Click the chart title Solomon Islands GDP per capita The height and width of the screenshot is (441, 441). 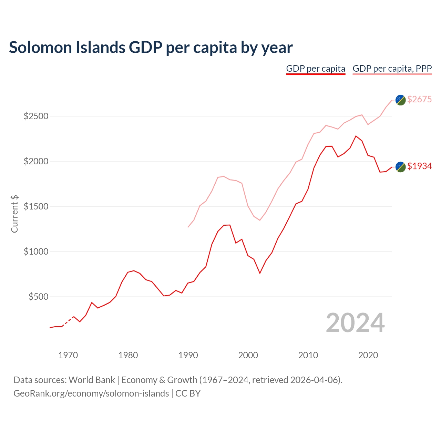(151, 48)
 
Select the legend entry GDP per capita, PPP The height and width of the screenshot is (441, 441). (392, 69)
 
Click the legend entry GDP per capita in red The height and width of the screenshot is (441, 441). (316, 69)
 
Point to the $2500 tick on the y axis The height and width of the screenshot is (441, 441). (36, 116)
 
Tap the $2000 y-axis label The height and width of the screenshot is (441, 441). (36, 161)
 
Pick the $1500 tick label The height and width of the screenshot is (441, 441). (36, 206)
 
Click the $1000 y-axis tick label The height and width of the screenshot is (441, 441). (36, 252)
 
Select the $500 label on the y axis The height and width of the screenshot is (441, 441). (38, 297)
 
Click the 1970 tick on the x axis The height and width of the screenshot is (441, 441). (68, 355)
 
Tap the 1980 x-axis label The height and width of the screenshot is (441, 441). (128, 355)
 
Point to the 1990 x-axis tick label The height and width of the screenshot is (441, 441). (188, 355)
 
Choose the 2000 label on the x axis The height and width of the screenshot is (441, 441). (248, 355)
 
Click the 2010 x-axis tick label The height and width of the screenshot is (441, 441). (308, 355)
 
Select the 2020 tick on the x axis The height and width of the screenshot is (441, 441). (368, 355)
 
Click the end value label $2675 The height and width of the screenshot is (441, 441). (419, 99)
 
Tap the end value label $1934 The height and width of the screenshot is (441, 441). (419, 166)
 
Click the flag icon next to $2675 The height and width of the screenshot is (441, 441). (400, 100)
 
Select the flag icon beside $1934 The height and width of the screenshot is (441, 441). (400, 167)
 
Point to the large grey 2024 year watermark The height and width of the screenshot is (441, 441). (355, 323)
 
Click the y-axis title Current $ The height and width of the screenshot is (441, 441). (14, 214)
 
